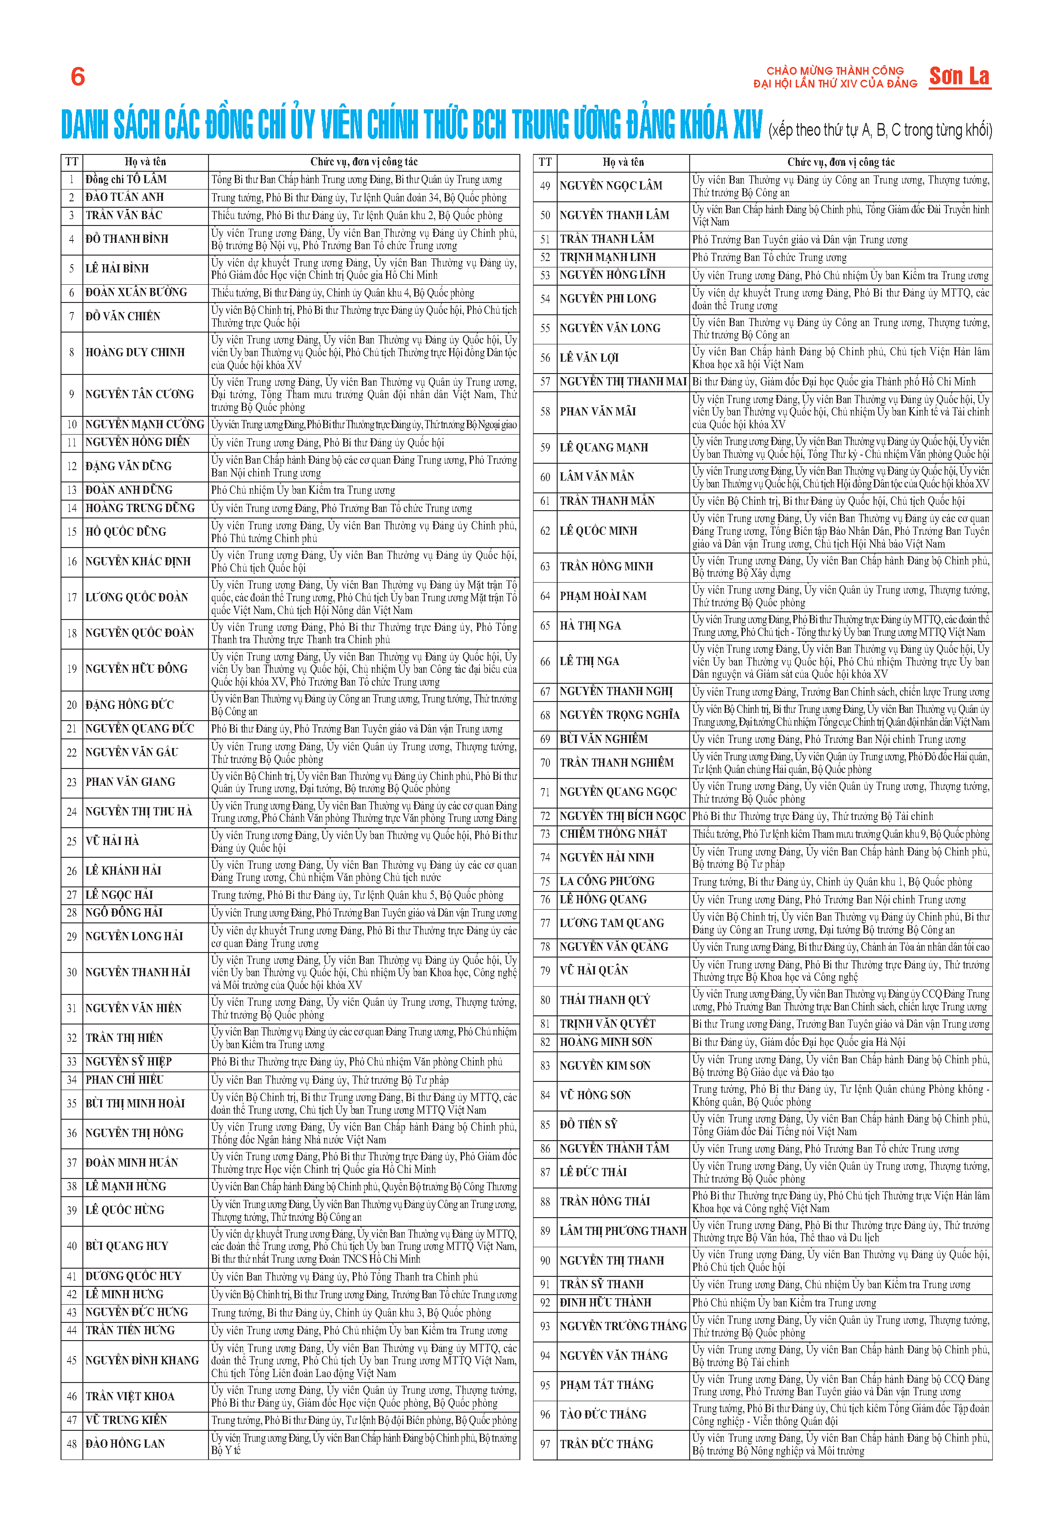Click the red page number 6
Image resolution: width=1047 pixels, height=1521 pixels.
[x=77, y=77]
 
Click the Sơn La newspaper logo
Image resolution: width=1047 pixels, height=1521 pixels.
[x=959, y=77]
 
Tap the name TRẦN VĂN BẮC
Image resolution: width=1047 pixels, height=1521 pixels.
[x=123, y=215]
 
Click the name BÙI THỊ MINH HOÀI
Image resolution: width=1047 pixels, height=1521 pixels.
[x=135, y=1103]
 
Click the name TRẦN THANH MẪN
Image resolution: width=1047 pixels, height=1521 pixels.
[x=607, y=501]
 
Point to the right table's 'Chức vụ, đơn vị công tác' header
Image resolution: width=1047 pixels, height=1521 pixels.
[x=840, y=162]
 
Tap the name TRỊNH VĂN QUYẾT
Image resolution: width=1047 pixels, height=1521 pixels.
[x=607, y=1024]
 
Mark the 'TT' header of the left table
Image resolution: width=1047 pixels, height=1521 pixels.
[x=71, y=162]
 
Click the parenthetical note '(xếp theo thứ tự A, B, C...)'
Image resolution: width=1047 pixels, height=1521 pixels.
[x=880, y=130]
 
